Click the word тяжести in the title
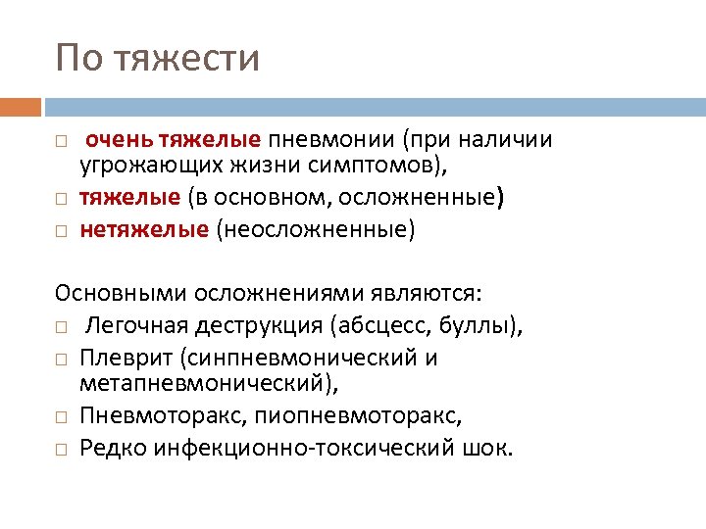187,59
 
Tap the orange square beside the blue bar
21,107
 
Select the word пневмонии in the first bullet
323,140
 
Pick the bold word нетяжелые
144,229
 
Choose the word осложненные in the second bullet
421,198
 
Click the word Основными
120,293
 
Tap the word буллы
490,325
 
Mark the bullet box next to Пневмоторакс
61,416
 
